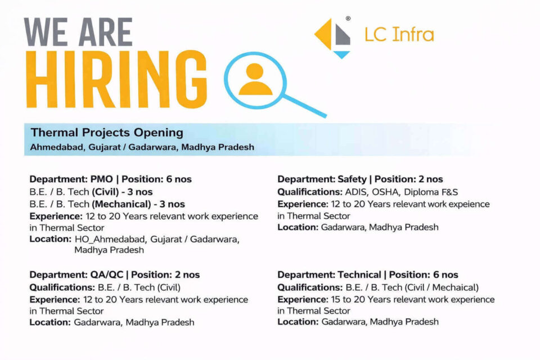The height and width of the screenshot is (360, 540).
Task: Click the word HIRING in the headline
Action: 116,79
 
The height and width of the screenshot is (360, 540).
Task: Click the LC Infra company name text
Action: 399,34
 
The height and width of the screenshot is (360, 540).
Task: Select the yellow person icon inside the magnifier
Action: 255,79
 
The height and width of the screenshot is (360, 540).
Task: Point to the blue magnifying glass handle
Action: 304,106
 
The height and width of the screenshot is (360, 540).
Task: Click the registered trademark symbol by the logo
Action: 348,18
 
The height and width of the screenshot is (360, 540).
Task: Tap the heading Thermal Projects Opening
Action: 107,132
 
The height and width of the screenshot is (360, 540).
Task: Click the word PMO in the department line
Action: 102,179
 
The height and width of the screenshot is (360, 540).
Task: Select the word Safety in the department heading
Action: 352,179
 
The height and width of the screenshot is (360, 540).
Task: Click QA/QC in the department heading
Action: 106,275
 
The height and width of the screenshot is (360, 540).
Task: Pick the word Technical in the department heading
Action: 359,274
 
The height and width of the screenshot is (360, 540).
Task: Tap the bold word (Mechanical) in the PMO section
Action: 121,204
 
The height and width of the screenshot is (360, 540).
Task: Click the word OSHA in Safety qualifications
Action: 385,192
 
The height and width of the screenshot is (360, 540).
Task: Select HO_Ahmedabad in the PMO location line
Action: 111,239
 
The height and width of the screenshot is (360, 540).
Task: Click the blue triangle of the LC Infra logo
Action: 342,55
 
